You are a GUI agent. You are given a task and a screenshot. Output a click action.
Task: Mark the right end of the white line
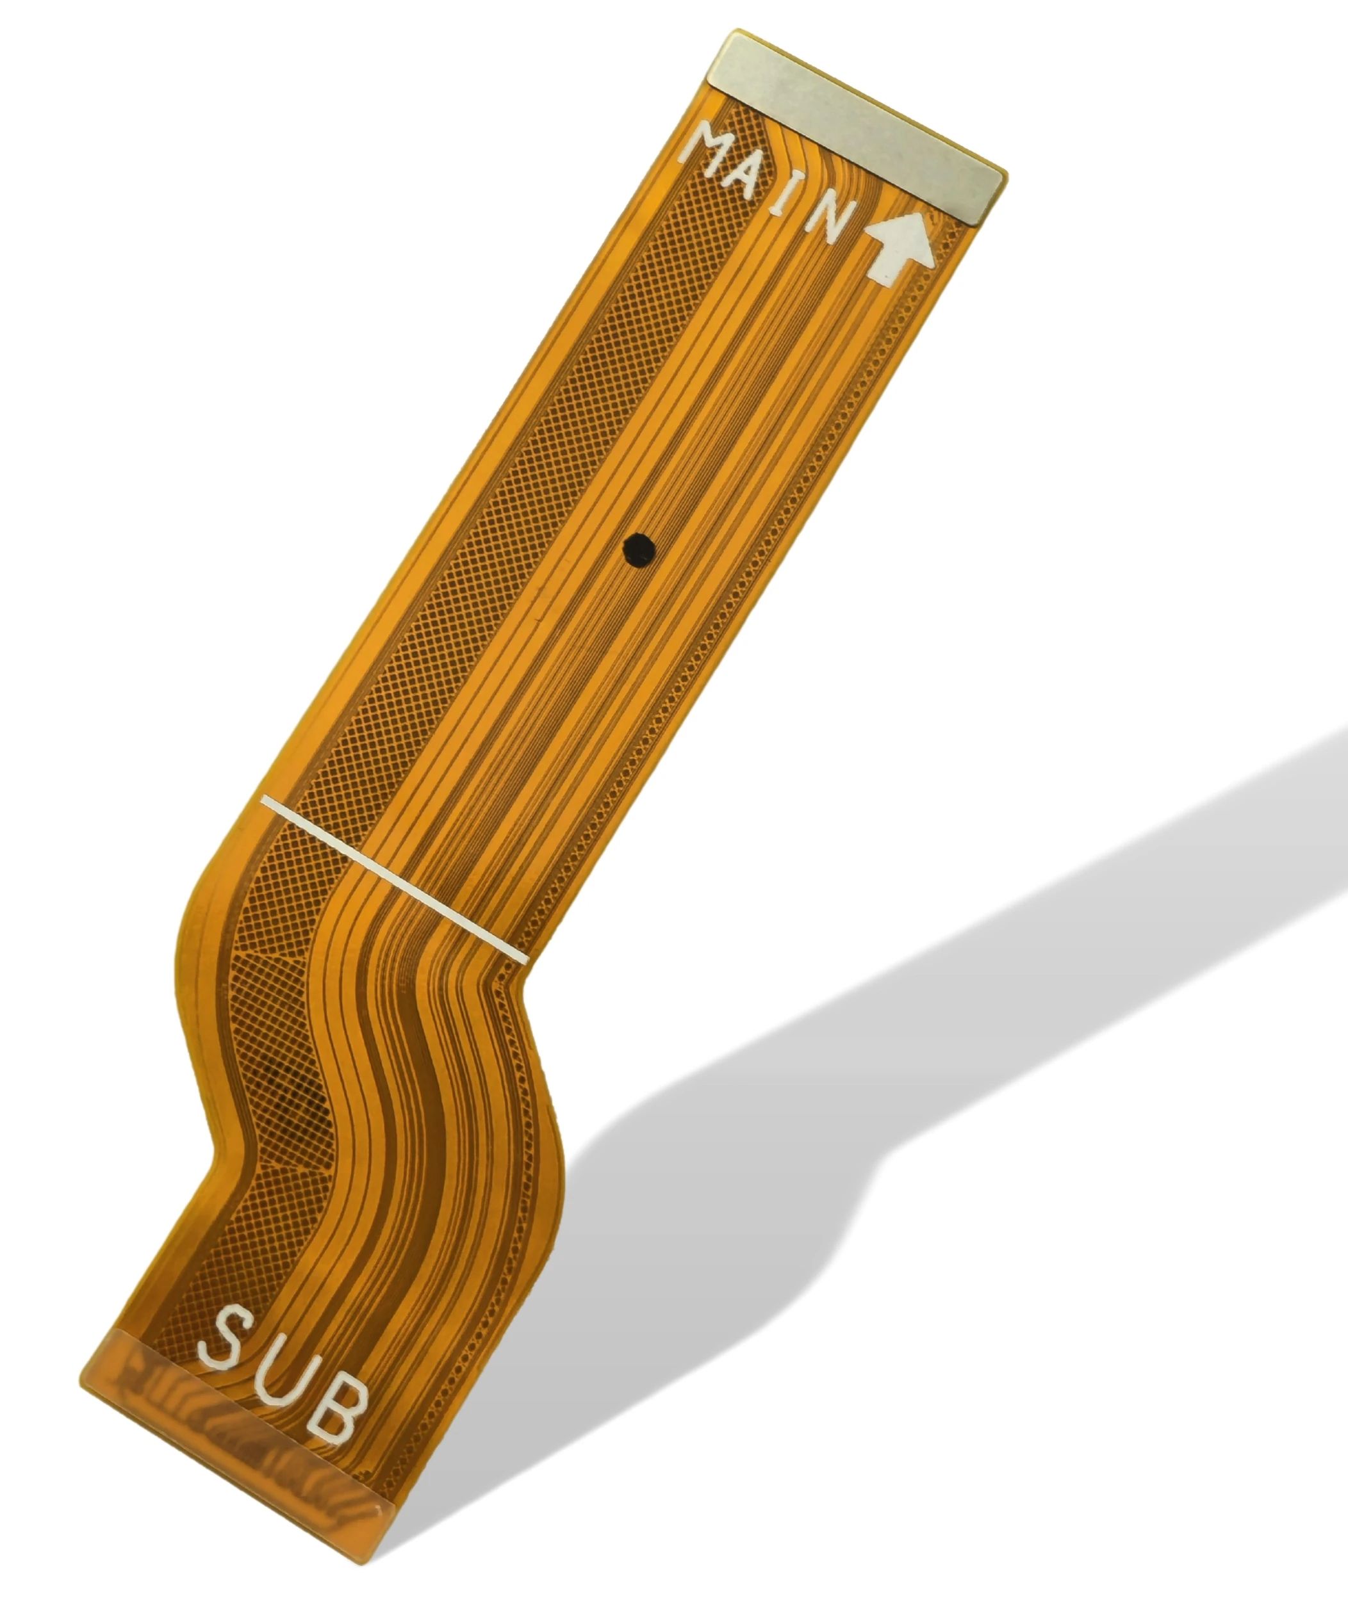524,958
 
